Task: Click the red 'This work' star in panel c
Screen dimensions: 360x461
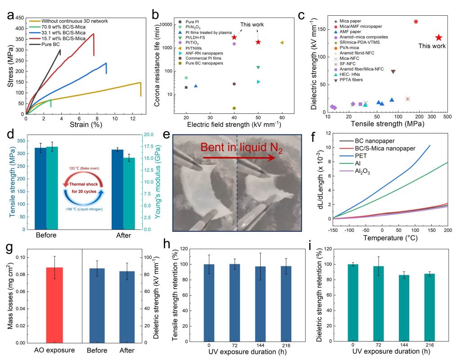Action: (438, 38)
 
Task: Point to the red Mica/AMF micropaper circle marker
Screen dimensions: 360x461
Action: (416, 22)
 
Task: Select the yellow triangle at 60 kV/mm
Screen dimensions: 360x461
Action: (282, 43)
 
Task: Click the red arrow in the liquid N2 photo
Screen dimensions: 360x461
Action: (239, 157)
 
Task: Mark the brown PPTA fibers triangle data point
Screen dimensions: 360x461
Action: (393, 72)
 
